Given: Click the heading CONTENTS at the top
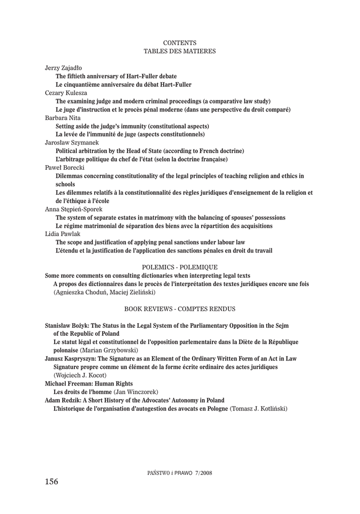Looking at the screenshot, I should pos(180,43).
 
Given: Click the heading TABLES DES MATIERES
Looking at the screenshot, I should pos(180,51).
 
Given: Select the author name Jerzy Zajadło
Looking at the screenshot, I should pos(64,68).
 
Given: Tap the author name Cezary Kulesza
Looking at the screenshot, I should pos(66,93).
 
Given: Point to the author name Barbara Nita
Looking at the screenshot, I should pos(63,117).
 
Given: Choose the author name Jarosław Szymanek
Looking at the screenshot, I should pos(72,143).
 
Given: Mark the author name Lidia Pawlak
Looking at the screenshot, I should pos(62,234).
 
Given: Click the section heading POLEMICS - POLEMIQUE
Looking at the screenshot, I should pos(180,267).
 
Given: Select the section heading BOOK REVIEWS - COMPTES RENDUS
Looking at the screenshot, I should pos(180,308).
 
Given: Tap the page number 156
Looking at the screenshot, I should pos(51,482).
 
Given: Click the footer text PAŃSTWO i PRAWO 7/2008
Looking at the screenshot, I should pos(180,473).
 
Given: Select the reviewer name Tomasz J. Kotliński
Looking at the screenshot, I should pos(259,409).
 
